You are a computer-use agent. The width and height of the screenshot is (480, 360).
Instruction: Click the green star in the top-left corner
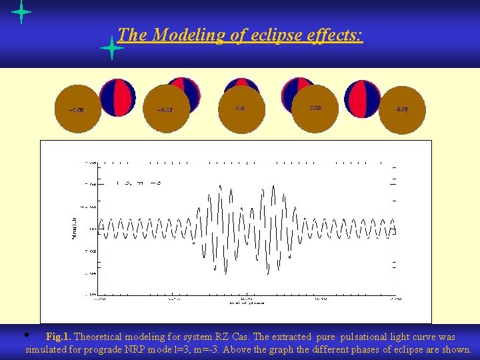click(21, 12)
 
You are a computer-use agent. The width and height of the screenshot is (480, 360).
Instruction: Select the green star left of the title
click(111, 49)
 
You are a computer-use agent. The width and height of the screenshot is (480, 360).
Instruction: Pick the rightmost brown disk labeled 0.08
click(402, 109)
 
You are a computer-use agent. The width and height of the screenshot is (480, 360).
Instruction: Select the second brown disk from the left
click(166, 109)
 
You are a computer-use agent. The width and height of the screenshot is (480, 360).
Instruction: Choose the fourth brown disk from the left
click(315, 107)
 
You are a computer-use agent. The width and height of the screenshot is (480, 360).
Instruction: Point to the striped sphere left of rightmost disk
click(363, 99)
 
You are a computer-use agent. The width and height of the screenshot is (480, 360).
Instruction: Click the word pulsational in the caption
click(365, 337)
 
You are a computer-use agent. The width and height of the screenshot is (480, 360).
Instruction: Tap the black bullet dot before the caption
click(25, 334)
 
